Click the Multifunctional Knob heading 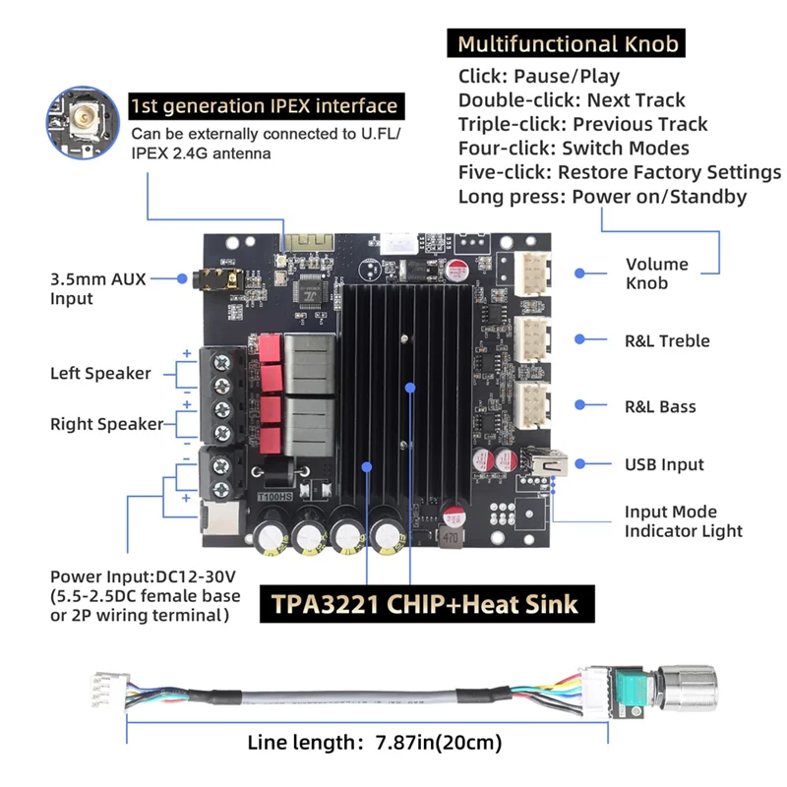(x=568, y=44)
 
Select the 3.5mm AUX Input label (x=97, y=288)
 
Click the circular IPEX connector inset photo (x=84, y=122)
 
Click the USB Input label (x=664, y=464)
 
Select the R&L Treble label (x=667, y=340)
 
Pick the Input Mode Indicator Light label (x=684, y=521)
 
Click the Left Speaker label (x=100, y=373)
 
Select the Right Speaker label (x=105, y=424)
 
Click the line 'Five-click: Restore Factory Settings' (x=619, y=172)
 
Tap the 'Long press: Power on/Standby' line (x=602, y=197)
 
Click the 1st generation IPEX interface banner (x=265, y=106)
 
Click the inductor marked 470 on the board (x=453, y=537)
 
